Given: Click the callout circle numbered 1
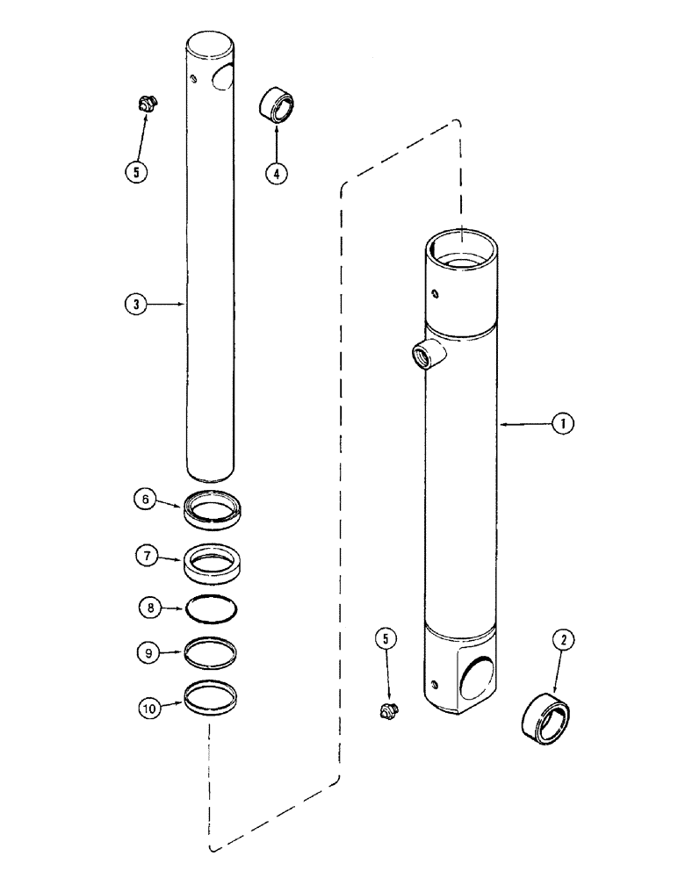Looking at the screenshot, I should (x=562, y=424).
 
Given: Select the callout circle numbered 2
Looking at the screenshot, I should (x=564, y=643).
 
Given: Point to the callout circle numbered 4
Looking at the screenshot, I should (x=277, y=173).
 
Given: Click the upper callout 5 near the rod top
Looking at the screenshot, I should (x=137, y=172).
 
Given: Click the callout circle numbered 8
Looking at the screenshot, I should (x=150, y=605).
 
